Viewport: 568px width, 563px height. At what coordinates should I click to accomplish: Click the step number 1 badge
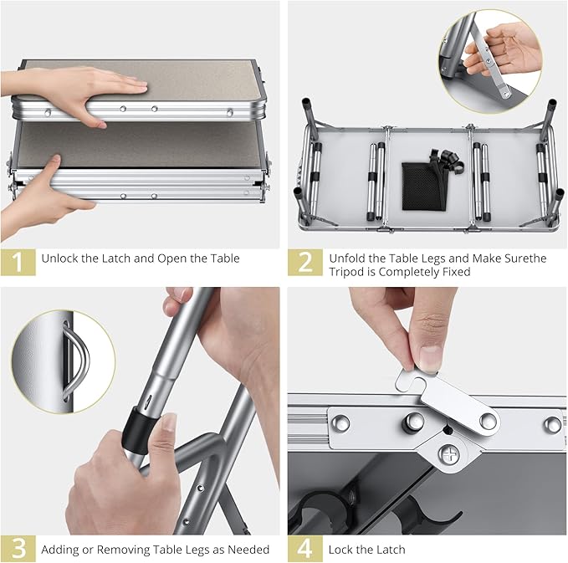tap(18, 262)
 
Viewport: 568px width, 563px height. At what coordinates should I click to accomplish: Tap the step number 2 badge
tap(305, 262)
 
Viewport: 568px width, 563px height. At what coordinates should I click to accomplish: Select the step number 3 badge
tap(18, 549)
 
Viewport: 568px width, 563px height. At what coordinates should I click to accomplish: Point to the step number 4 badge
tap(305, 549)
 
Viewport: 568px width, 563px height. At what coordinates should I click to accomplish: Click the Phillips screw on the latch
tap(448, 453)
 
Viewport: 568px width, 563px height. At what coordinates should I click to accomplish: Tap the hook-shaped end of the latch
tap(410, 379)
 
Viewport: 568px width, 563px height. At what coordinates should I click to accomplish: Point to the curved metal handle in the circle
tap(76, 361)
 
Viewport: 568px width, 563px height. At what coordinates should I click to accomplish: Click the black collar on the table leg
tap(139, 428)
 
